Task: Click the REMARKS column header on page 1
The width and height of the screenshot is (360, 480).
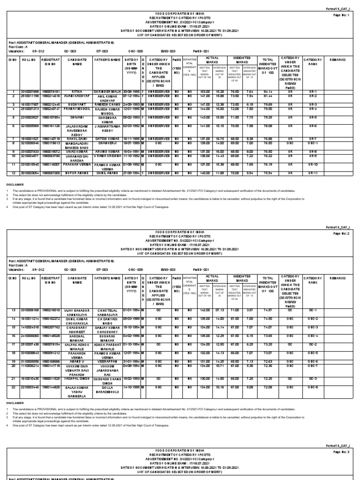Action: pos(337,60)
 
